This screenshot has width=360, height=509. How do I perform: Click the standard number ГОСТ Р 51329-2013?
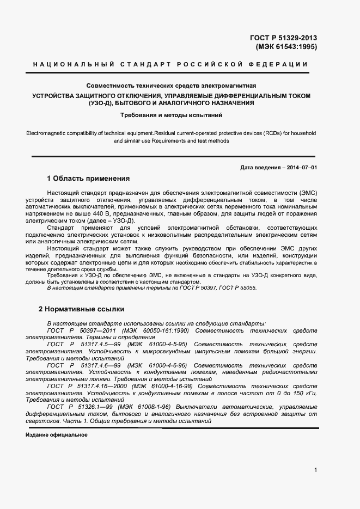coord(283,38)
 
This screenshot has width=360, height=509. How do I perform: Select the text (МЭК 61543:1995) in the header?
coord(286,47)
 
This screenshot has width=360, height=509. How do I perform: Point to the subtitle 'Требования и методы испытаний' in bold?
coord(171,115)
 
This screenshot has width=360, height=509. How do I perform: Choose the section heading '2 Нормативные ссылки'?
coord(82,309)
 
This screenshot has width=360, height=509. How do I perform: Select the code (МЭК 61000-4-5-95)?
coord(156,344)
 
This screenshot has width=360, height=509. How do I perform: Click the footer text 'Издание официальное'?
coord(57,436)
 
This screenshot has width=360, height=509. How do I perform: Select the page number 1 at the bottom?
coord(315,470)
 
